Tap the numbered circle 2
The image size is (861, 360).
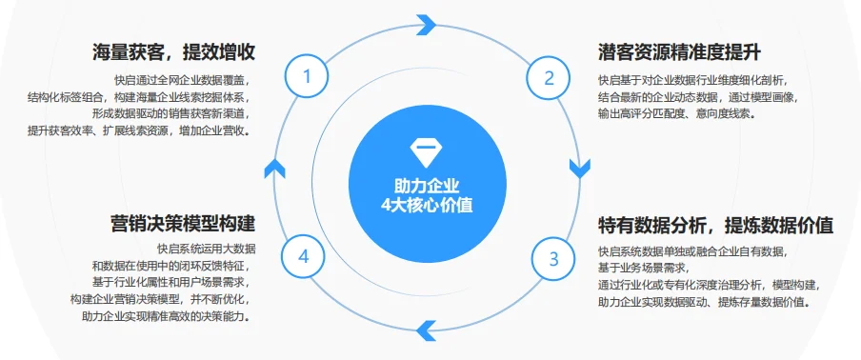549,78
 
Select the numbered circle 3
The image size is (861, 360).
552,256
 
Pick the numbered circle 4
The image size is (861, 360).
304,256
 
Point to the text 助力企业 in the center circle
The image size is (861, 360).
427,185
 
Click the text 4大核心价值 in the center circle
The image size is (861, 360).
427,204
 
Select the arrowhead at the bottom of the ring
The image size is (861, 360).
427,330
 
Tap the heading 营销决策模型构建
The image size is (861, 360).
183,225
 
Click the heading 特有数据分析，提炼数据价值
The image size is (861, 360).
715,226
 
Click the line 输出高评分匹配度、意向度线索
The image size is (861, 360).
677,112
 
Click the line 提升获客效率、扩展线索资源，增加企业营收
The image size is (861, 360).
140,130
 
